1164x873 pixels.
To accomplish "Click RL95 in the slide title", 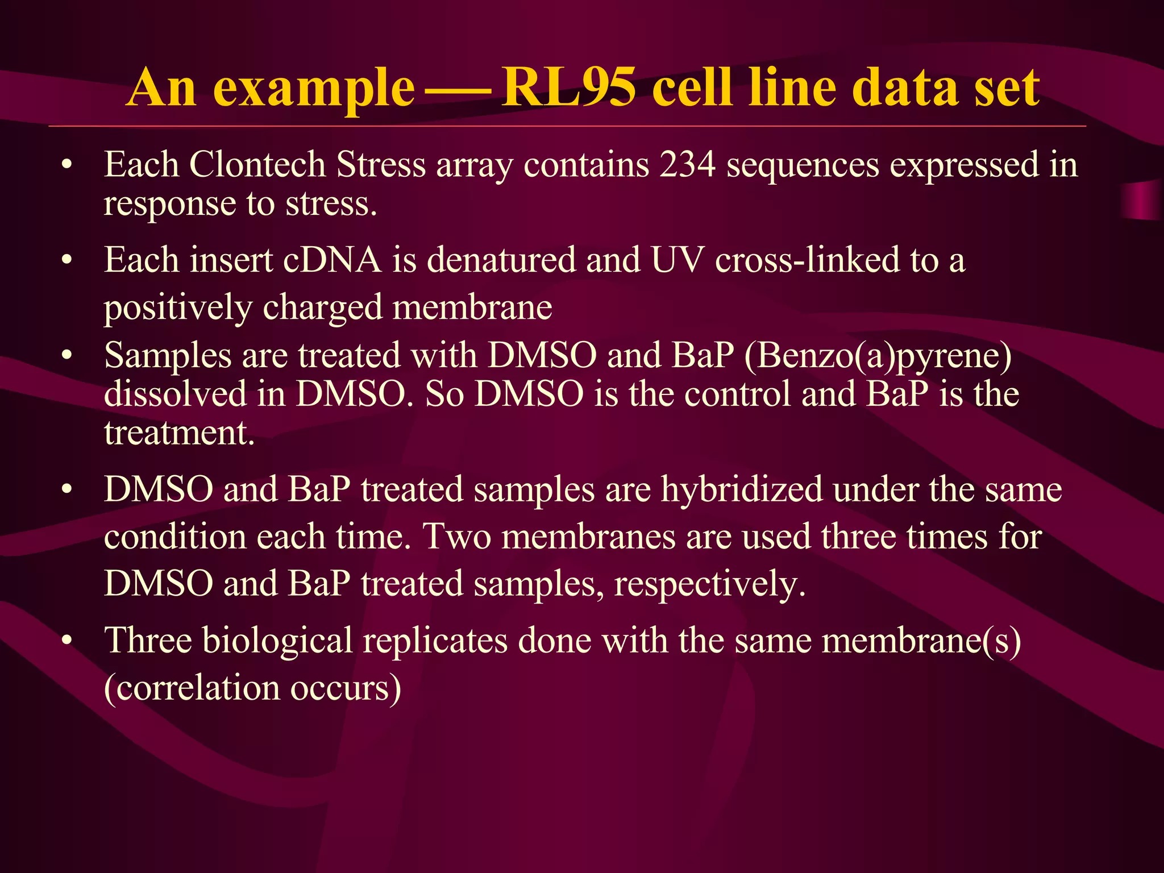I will coord(568,88).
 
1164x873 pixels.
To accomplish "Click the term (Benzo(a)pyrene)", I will coord(878,356).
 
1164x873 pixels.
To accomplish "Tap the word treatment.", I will coord(179,433).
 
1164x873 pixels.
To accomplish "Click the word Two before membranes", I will coord(457,537).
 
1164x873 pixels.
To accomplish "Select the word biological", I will coord(277,641).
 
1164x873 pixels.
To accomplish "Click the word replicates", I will coord(435,641).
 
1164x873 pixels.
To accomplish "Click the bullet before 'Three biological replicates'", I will coord(68,641).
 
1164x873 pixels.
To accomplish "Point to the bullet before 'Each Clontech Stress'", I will coord(68,165).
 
